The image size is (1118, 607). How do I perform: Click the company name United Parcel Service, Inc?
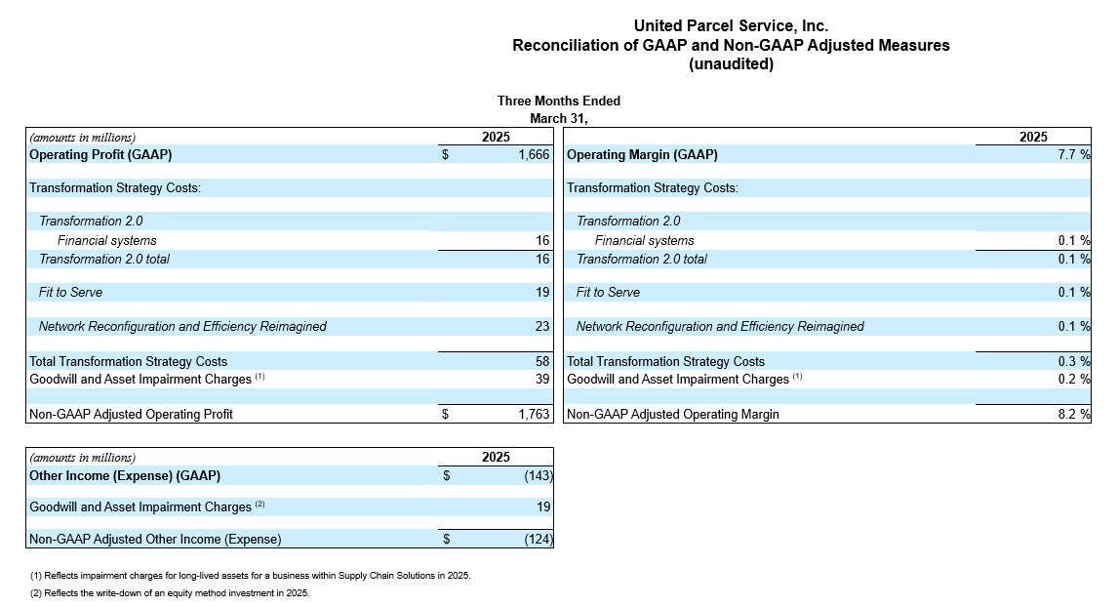pos(731,25)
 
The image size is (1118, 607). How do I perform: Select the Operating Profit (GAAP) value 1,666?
pos(534,154)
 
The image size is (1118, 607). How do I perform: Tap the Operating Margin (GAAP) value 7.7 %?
pos(1074,154)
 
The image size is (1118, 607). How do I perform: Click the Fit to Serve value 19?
pos(542,292)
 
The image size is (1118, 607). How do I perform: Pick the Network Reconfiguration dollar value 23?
pos(542,326)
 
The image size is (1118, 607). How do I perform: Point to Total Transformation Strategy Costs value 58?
pos(542,361)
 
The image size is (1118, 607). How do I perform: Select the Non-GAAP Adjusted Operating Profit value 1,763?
pos(534,414)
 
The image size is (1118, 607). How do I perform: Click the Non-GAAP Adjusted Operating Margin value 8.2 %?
pos(1074,414)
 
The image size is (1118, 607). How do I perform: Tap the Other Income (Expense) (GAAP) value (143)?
pos(539,475)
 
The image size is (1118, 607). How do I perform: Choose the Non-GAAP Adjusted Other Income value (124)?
pos(539,539)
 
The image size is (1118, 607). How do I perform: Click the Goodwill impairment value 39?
pos(542,379)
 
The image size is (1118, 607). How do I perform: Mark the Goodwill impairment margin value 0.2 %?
pos(1074,379)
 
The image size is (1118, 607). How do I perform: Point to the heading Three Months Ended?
pos(559,101)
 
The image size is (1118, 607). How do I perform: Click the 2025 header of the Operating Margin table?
pos(1033,137)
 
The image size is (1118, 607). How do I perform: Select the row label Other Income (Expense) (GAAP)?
pos(125,475)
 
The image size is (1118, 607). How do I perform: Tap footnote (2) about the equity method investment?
pos(170,592)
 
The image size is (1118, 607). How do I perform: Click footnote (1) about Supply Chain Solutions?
pos(251,575)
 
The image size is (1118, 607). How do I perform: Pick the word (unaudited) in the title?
pos(731,64)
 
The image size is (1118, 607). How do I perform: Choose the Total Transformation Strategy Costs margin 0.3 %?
pos(1074,361)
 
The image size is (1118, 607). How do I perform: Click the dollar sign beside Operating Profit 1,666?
pos(445,154)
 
